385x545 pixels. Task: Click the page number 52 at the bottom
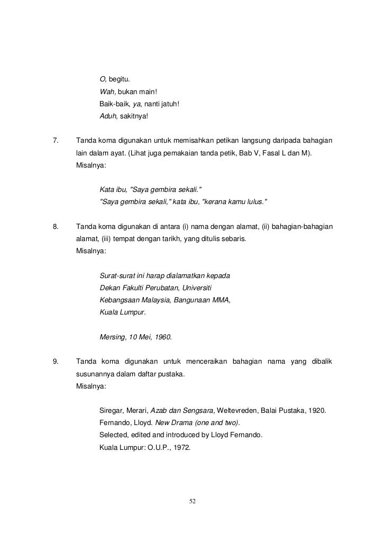[x=192, y=501]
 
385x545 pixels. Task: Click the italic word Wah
[x=106, y=92]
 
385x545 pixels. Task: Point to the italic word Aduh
[x=107, y=116]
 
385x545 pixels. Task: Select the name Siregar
[x=112, y=411]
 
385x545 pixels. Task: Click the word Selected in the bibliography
[x=114, y=435]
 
